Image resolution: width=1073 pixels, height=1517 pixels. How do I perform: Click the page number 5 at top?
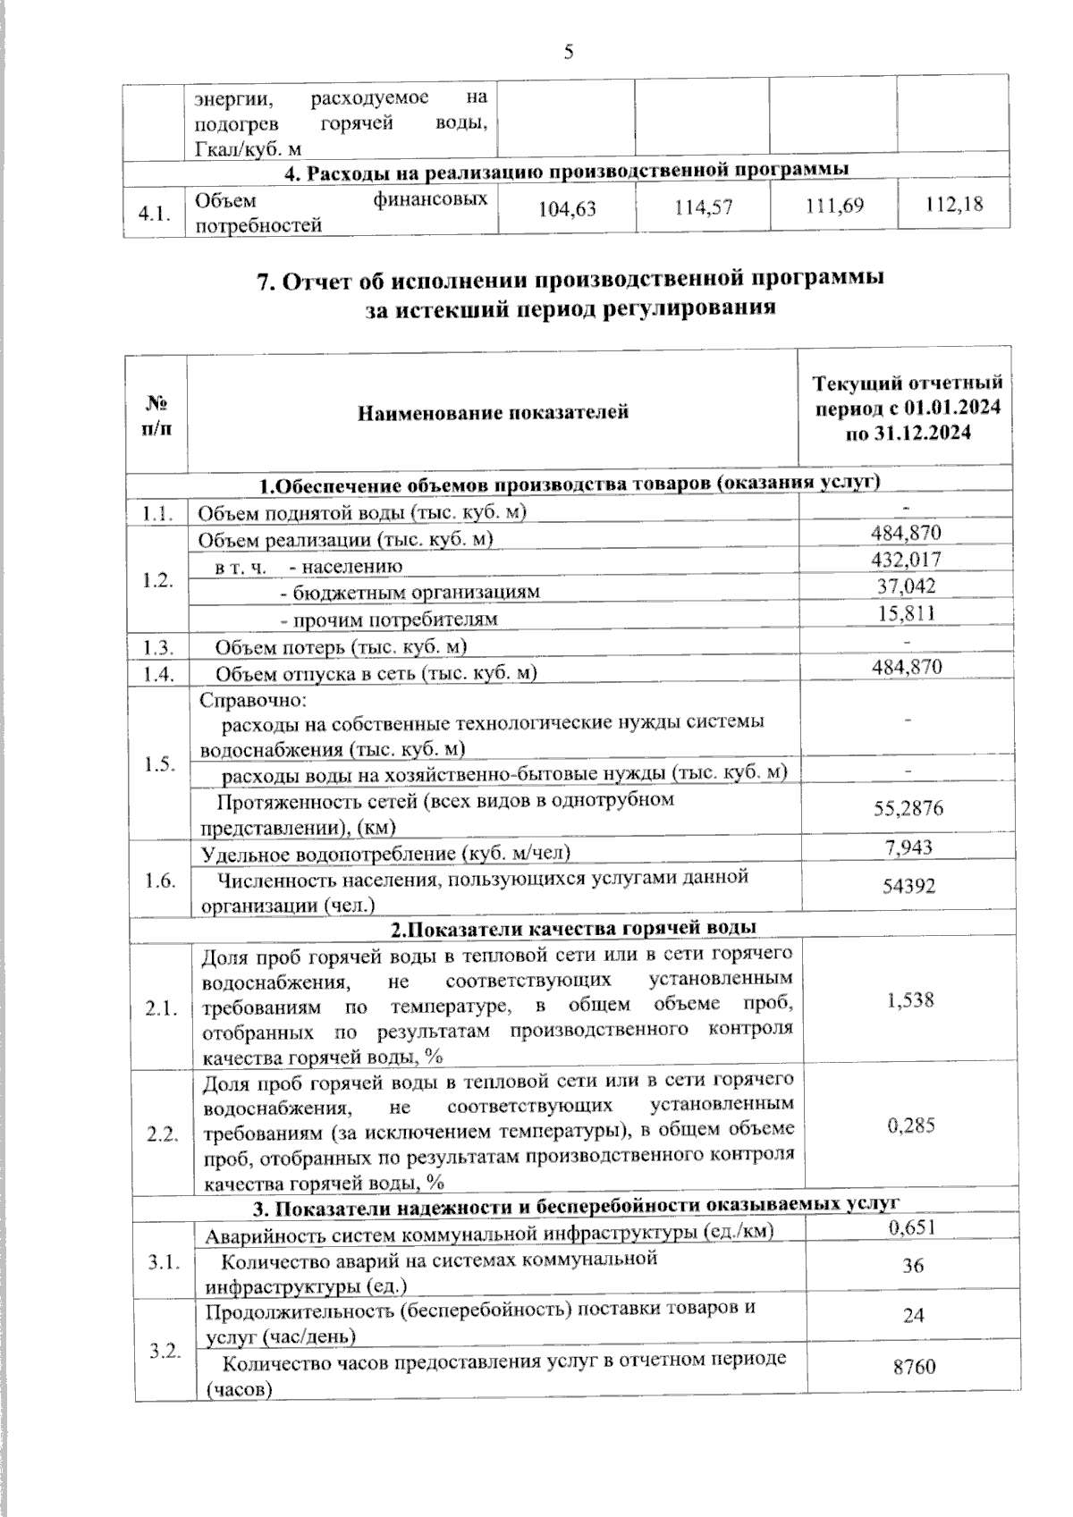[569, 53]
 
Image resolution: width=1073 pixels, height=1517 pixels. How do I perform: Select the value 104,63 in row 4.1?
[567, 209]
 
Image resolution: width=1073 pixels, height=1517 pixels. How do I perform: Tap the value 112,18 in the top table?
[954, 205]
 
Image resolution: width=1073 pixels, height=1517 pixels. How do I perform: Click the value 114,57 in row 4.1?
[702, 207]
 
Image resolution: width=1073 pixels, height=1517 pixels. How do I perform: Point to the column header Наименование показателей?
[493, 412]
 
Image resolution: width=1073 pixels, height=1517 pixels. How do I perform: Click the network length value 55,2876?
[908, 809]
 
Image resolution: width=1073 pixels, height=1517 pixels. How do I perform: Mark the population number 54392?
[908, 886]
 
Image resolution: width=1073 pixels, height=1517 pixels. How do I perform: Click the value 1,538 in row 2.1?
[910, 999]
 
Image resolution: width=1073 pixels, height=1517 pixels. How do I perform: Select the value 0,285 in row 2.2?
[911, 1125]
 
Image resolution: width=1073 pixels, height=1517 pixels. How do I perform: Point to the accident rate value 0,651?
[912, 1227]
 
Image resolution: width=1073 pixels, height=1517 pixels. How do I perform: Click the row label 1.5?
[159, 765]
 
